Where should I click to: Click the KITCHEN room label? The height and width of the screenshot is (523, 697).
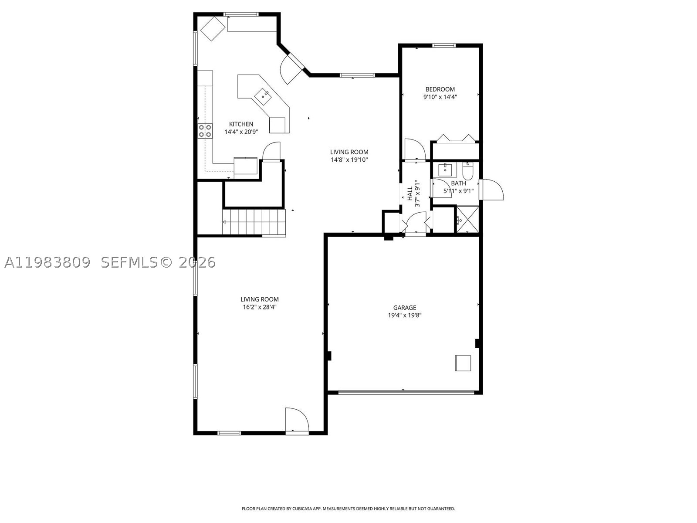(x=241, y=124)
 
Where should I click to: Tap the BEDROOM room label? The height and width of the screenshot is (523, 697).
(x=440, y=89)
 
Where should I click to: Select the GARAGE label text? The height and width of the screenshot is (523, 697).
(x=405, y=307)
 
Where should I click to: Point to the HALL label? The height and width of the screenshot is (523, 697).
(x=410, y=194)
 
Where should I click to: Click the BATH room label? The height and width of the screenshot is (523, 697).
(x=458, y=183)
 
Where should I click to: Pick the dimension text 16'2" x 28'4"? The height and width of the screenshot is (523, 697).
(x=260, y=307)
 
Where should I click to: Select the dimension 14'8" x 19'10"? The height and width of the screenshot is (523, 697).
(x=349, y=160)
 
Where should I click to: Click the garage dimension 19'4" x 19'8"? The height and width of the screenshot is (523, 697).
(x=405, y=315)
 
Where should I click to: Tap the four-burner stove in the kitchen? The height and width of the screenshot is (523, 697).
(x=205, y=131)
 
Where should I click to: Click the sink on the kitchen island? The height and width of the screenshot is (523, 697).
(x=263, y=96)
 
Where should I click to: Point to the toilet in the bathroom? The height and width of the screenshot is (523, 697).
(x=468, y=171)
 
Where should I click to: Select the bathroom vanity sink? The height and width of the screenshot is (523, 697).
(x=445, y=170)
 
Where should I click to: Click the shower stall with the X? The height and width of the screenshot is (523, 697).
(x=467, y=219)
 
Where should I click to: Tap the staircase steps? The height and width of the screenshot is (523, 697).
(x=254, y=222)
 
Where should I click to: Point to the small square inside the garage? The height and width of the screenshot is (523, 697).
(x=463, y=363)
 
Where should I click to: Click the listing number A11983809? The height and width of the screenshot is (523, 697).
(x=47, y=262)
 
